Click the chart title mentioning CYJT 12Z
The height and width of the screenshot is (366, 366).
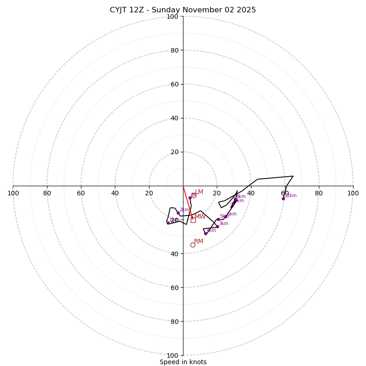[x=183, y=10]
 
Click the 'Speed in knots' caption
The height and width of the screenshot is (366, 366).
[x=183, y=362]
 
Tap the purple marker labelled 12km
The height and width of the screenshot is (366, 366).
[x=283, y=199]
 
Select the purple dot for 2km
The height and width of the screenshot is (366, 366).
[x=178, y=213]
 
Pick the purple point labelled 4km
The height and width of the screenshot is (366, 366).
[x=205, y=233]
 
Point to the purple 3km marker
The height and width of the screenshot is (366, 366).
[x=217, y=226]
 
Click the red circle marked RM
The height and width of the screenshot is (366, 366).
[x=193, y=245]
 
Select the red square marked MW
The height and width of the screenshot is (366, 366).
[x=193, y=220]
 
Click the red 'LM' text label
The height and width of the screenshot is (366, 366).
[x=199, y=192]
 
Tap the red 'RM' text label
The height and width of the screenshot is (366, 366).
[x=199, y=242]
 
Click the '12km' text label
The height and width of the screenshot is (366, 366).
[x=291, y=196]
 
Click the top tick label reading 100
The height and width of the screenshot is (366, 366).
[x=172, y=16]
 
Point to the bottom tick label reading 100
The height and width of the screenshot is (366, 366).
[x=172, y=355]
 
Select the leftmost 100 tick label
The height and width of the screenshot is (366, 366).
[x=13, y=193]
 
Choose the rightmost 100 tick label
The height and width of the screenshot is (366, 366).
[x=353, y=193]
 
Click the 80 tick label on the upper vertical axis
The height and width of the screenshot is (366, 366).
[x=174, y=50]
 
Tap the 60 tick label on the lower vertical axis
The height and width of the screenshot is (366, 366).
[x=174, y=288]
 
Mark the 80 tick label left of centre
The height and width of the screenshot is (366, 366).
[x=47, y=193]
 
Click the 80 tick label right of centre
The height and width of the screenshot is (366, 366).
[x=319, y=193]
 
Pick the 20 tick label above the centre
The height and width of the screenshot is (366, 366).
[x=174, y=152]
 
